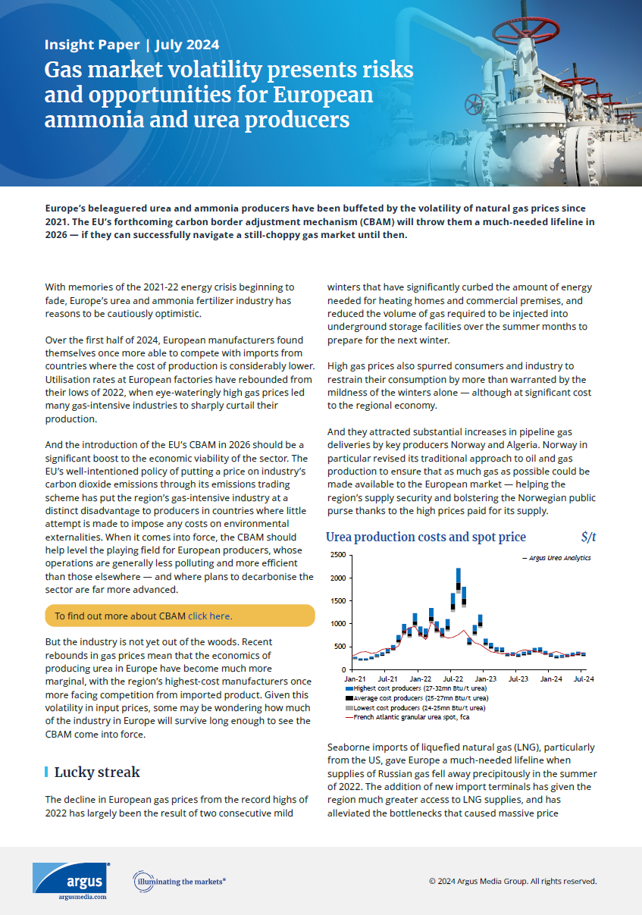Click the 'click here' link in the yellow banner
[x=210, y=616]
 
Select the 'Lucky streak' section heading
[x=97, y=772]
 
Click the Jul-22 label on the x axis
[x=453, y=679]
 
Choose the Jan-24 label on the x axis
[x=551, y=679]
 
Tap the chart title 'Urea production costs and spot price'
[x=425, y=537]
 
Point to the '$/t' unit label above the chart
[x=588, y=537]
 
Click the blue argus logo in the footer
[x=70, y=877]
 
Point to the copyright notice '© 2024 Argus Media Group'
[x=512, y=882]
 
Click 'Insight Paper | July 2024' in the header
[x=132, y=44]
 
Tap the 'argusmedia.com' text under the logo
[x=82, y=897]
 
